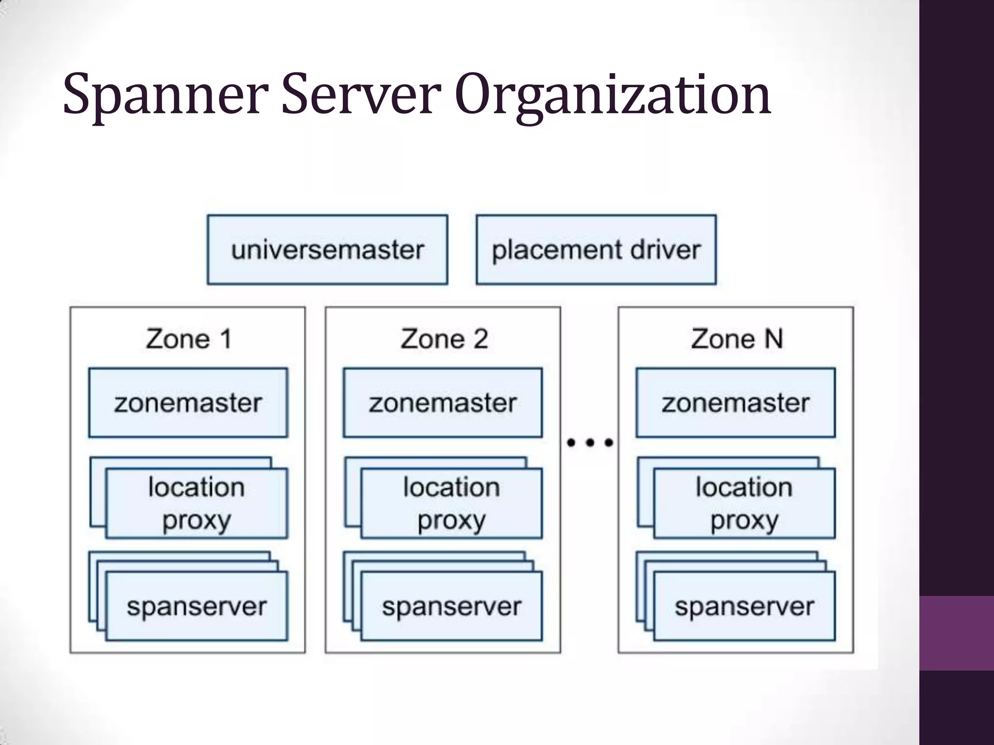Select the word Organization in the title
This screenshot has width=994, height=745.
click(x=613, y=96)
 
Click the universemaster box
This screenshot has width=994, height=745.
click(x=327, y=250)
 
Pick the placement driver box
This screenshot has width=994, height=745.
click(x=596, y=250)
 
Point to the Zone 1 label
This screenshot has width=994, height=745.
click(x=188, y=339)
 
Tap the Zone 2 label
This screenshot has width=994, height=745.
click(x=444, y=339)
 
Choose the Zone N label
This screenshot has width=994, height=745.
click(x=737, y=339)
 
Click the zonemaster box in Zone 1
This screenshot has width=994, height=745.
click(x=188, y=403)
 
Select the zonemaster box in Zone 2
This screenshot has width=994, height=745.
click(x=443, y=403)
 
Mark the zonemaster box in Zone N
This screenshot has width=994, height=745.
click(x=736, y=403)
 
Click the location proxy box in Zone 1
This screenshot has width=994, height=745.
click(x=197, y=503)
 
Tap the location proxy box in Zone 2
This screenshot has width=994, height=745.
click(x=451, y=503)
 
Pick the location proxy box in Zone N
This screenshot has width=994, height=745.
click(x=745, y=503)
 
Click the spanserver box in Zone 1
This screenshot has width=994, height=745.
click(x=197, y=606)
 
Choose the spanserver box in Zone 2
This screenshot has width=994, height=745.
click(x=451, y=606)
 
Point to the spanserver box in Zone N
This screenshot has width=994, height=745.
click(x=745, y=606)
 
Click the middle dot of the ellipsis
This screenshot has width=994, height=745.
click(x=590, y=442)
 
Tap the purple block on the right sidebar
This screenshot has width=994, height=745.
click(x=957, y=633)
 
